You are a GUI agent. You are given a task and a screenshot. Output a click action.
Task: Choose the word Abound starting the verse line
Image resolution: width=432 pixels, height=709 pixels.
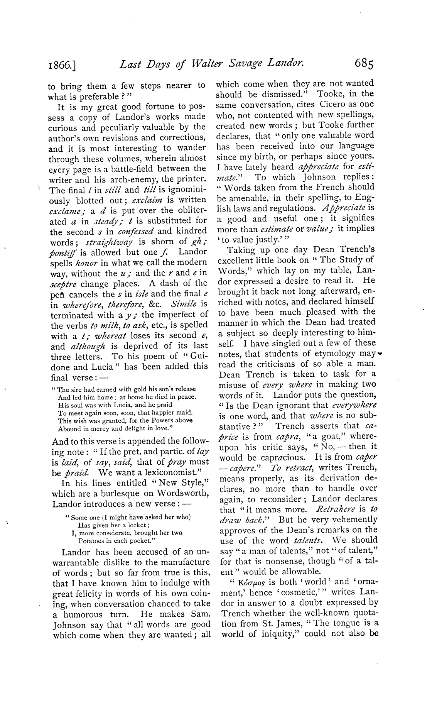pos(69,428)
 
